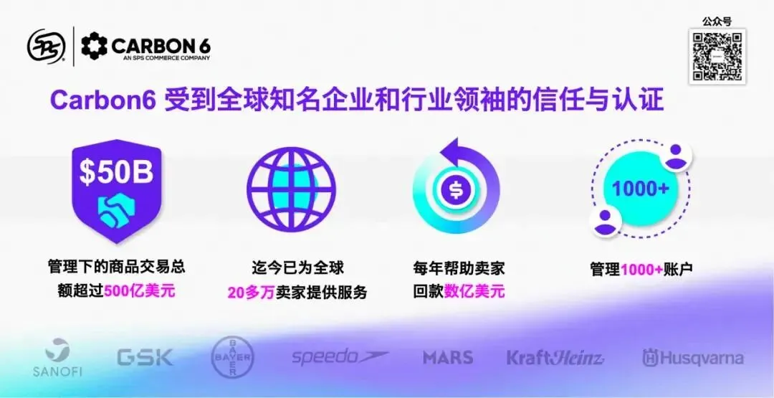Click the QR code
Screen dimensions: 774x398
point(717,56)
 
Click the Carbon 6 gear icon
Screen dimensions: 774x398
point(94,46)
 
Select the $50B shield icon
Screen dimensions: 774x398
point(117,190)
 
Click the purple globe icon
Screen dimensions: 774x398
point(291,191)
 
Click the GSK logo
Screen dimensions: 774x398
point(145,357)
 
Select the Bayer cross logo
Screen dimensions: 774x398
point(233,357)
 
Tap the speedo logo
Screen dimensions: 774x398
point(340,356)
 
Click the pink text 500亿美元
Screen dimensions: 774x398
point(140,291)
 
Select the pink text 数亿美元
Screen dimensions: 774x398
point(474,292)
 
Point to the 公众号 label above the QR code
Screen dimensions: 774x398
point(717,22)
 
